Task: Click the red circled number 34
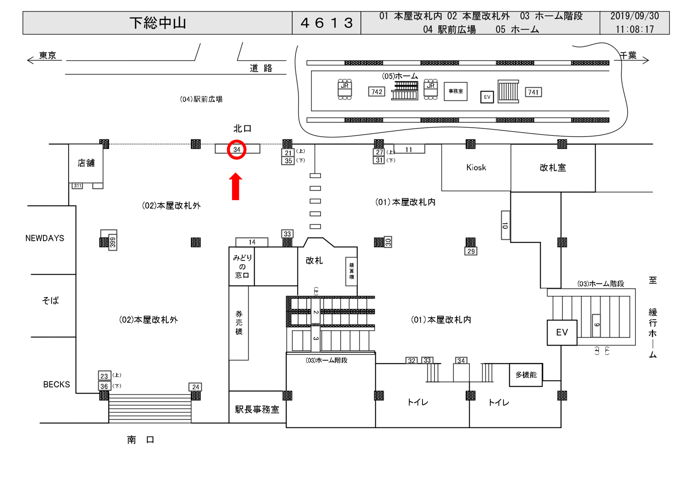coord(236,150)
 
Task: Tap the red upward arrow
coord(235,187)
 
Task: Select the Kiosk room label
coord(476,168)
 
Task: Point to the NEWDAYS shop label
coord(45,238)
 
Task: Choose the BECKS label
coord(57,384)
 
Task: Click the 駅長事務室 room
coord(257,409)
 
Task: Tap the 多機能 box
coord(526,375)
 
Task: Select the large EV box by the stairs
coord(562,332)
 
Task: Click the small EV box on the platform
coord(487,97)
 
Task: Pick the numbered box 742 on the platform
coord(377,92)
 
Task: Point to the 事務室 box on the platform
coord(455,91)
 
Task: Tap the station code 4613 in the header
coord(326,23)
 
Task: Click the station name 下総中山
coord(158,23)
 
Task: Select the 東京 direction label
coord(47,55)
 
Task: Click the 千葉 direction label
coord(628,55)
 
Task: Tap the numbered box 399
coord(113,242)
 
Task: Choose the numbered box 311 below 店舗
coord(77,186)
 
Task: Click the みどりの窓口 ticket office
coord(242,266)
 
